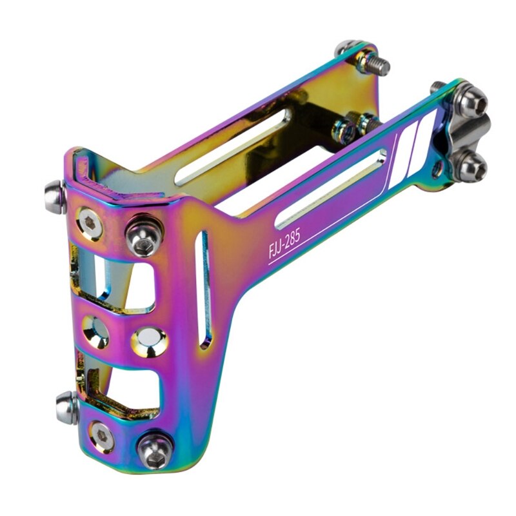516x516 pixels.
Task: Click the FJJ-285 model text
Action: click(285, 242)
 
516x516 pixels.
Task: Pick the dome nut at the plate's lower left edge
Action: click(66, 408)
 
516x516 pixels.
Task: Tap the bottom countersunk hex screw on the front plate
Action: click(102, 436)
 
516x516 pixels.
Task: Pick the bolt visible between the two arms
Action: click(352, 123)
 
